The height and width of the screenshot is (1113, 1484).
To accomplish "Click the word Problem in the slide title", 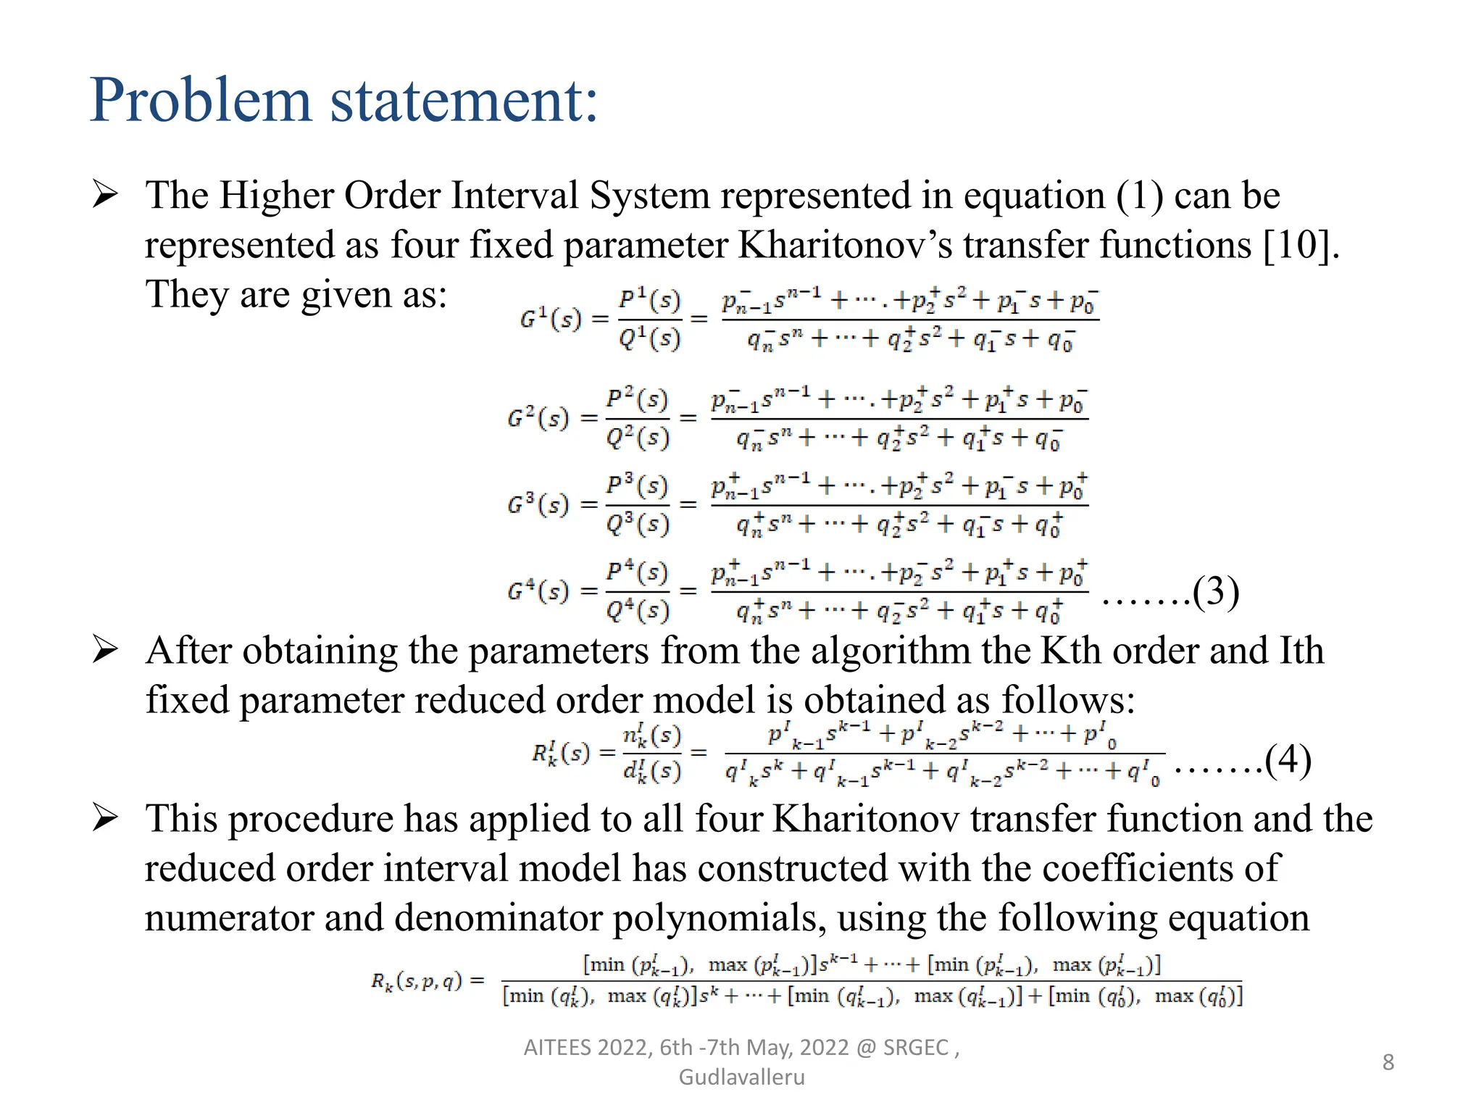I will coord(201,101).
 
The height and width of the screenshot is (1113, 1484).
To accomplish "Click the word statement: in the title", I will coord(464,101).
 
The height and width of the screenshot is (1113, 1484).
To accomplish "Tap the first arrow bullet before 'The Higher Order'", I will coord(106,195).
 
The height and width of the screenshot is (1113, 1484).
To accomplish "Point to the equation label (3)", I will coord(1216,591).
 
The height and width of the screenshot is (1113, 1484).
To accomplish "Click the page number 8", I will coord(1388,1062).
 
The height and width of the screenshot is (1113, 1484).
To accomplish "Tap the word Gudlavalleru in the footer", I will coord(741,1077).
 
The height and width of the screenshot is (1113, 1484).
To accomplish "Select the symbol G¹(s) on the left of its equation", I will coord(551,319).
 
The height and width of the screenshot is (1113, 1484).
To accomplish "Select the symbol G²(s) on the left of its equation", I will coord(538,418).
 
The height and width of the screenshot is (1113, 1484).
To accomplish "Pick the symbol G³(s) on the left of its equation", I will coord(538,504).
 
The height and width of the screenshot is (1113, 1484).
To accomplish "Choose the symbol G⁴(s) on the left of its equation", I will coord(538,591).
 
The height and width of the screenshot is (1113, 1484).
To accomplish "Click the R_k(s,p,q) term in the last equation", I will coord(417,981).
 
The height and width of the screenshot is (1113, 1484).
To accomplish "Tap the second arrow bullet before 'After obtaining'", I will coord(106,650).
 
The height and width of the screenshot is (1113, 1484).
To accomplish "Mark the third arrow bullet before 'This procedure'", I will coord(106,818).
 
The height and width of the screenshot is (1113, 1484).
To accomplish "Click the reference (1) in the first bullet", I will coord(1139,196).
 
